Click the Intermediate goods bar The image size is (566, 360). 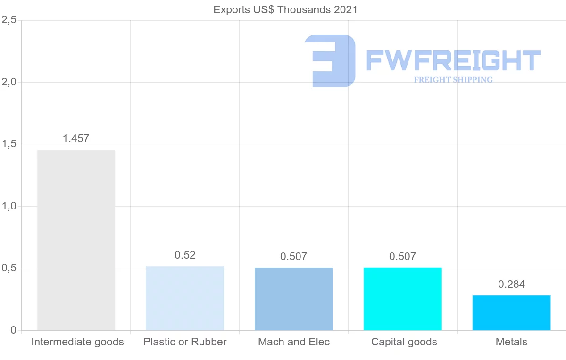[x=76, y=240]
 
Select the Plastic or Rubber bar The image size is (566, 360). [x=185, y=298]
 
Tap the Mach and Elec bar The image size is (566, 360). [x=294, y=299]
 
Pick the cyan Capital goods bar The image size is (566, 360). [x=403, y=299]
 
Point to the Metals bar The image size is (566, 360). [x=512, y=312]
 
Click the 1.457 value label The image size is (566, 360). [x=76, y=139]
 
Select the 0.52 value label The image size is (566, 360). [x=185, y=255]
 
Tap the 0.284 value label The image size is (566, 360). [x=512, y=285]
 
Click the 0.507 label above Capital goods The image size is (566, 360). [x=403, y=257]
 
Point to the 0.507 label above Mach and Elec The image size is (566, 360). [x=294, y=257]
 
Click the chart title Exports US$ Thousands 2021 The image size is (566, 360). [x=286, y=10]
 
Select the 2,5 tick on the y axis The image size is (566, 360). [x=9, y=20]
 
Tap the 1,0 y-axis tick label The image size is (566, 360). [x=9, y=206]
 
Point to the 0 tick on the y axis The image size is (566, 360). [x=14, y=330]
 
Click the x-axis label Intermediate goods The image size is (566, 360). [x=77, y=342]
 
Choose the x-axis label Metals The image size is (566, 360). [x=512, y=342]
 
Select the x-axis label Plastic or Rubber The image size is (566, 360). [x=185, y=342]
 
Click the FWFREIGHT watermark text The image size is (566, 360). [x=453, y=61]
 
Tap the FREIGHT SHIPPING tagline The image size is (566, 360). [x=453, y=80]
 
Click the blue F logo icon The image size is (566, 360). [x=330, y=61]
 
